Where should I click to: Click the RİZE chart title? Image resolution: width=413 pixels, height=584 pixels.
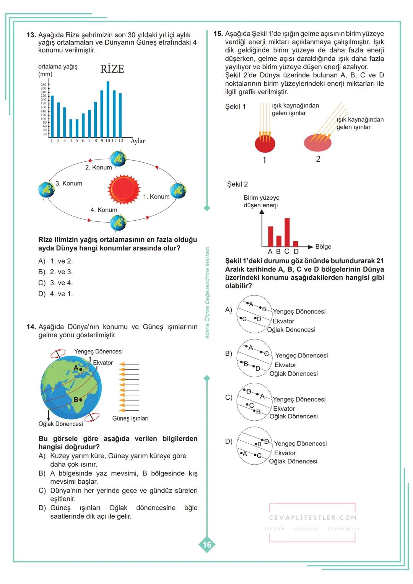point(112,69)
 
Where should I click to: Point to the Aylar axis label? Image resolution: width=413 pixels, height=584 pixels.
point(138,141)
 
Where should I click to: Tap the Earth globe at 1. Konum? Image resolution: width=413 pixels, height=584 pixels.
point(178,190)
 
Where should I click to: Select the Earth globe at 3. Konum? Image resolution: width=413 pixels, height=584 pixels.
point(46,190)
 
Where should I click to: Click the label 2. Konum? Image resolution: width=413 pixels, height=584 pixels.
point(98,168)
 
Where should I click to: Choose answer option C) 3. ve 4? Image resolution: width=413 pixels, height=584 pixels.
point(56,283)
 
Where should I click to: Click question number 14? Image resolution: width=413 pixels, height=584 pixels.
point(31,327)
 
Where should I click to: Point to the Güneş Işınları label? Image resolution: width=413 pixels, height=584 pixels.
point(130,418)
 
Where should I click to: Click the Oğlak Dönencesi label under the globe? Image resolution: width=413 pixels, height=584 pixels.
point(60,424)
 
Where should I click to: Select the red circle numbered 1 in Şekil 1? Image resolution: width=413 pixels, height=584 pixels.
point(265,144)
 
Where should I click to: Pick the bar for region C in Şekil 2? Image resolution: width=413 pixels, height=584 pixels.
point(287,233)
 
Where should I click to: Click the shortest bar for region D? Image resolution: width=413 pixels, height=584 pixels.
point(296,244)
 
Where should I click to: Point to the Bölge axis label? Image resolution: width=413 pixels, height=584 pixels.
point(323,247)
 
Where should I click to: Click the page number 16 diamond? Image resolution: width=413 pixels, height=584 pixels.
point(207,545)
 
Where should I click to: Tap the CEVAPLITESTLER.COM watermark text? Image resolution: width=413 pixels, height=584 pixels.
point(312,518)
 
